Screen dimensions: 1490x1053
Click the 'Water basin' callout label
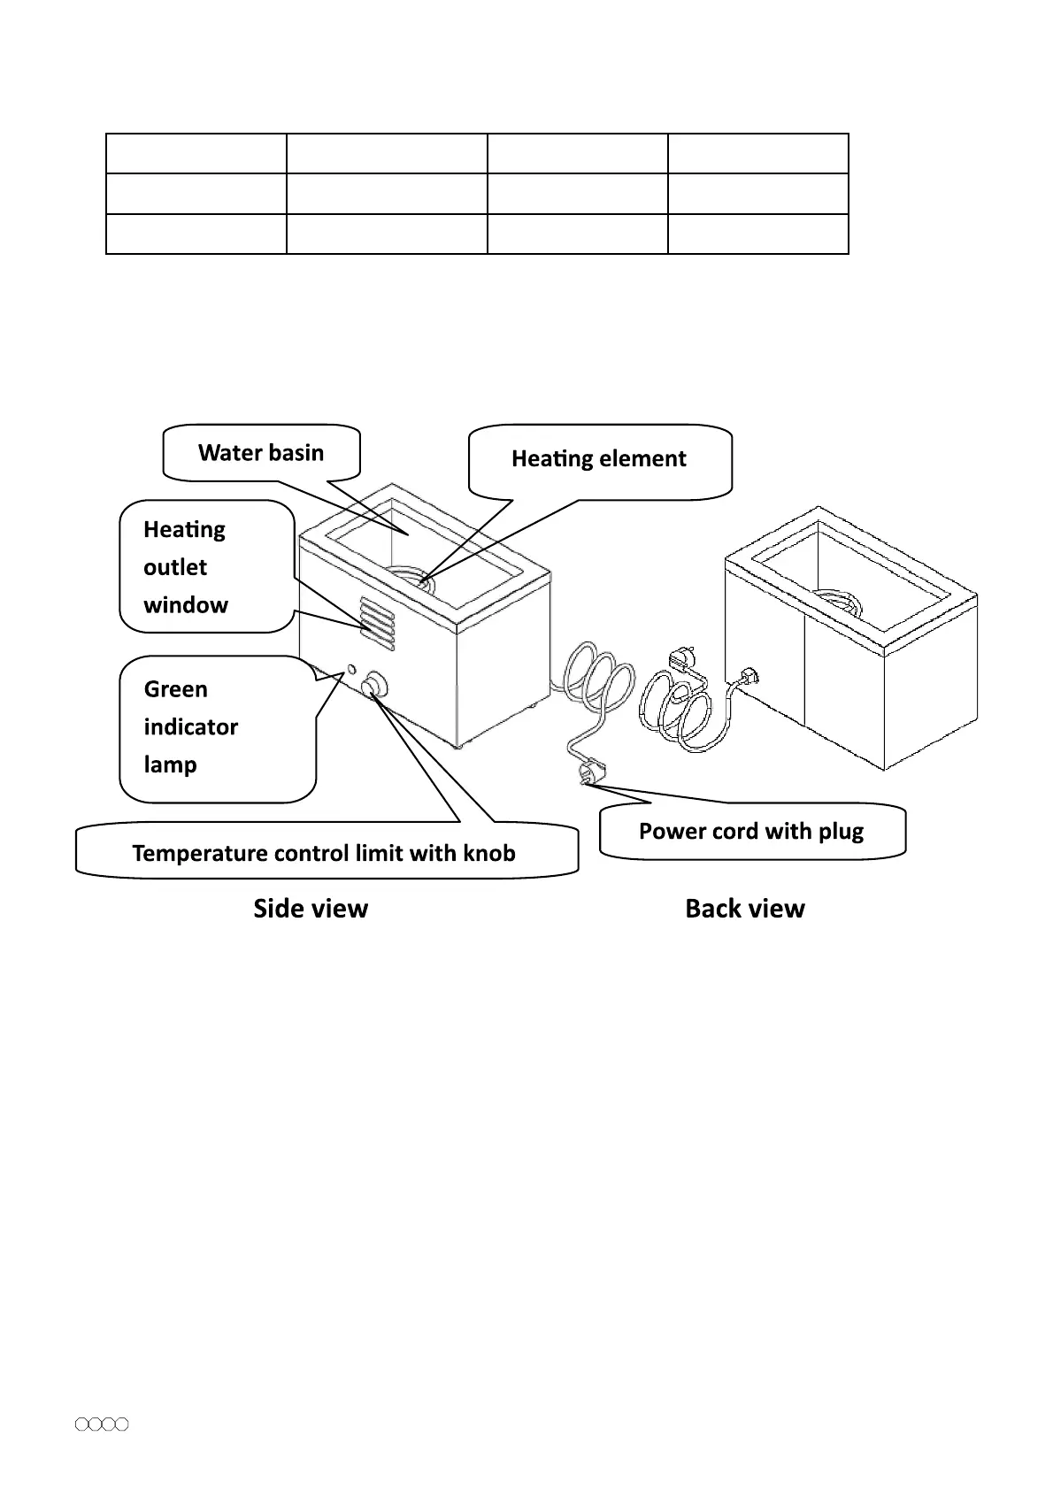tap(261, 453)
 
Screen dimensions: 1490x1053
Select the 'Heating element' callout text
tap(598, 458)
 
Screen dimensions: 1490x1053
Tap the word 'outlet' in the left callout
tap(175, 567)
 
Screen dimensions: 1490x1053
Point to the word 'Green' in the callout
tap(176, 689)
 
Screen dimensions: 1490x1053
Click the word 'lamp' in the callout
tap(170, 764)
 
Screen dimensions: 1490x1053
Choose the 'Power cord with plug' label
tap(751, 831)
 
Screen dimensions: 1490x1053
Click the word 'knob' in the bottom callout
tap(488, 853)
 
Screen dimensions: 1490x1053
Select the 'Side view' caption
tap(311, 909)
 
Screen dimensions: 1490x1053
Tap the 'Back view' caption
tap(745, 909)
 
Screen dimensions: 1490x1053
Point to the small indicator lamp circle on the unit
tap(351, 669)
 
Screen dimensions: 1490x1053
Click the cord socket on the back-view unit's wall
tap(749, 677)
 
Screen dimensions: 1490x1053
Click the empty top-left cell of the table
tap(196, 154)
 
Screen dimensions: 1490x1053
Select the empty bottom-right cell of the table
tap(757, 234)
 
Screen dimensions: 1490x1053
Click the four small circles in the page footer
tap(102, 1425)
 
